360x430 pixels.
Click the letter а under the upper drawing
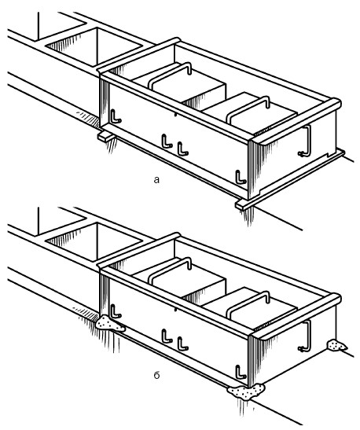point(156,180)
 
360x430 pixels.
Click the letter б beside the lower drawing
point(156,375)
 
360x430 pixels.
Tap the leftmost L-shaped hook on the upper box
point(116,116)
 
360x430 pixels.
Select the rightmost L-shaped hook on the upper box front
point(241,178)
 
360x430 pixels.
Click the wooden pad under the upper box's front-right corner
point(243,205)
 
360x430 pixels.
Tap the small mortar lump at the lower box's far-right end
point(336,346)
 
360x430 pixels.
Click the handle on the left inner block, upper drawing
point(170,73)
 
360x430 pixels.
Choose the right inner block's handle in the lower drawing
point(248,303)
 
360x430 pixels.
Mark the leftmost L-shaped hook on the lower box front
point(116,311)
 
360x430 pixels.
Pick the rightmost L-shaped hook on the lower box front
point(241,373)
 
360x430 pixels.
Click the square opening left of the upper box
point(94,46)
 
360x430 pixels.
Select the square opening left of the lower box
point(94,241)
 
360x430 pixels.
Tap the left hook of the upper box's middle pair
point(167,141)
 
